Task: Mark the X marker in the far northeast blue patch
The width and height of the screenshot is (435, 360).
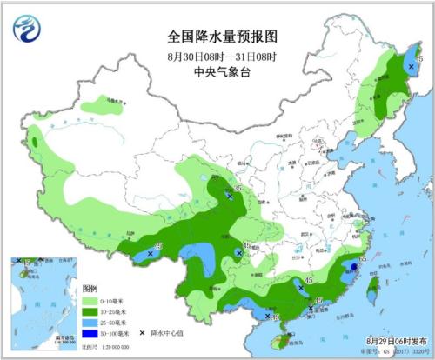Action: coord(411,65)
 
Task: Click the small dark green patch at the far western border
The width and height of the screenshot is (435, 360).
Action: coord(37,140)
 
